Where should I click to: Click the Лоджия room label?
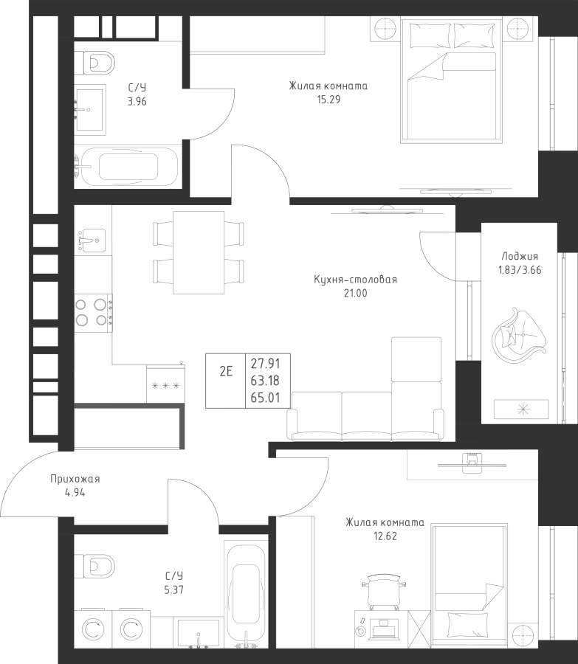click(x=520, y=256)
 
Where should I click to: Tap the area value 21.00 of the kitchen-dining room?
click(x=356, y=293)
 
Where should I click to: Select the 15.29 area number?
click(x=328, y=100)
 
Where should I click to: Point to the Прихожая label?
click(x=75, y=479)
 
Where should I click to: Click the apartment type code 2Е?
click(x=227, y=371)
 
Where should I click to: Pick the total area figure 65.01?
click(x=265, y=398)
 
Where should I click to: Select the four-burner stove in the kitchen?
click(x=93, y=313)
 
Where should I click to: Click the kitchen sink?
click(x=90, y=240)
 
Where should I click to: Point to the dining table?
click(x=199, y=252)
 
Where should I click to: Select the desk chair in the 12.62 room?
click(x=384, y=592)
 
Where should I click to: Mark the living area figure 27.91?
click(x=265, y=364)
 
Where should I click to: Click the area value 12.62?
click(x=385, y=536)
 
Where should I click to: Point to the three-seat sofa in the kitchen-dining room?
click(x=365, y=416)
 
